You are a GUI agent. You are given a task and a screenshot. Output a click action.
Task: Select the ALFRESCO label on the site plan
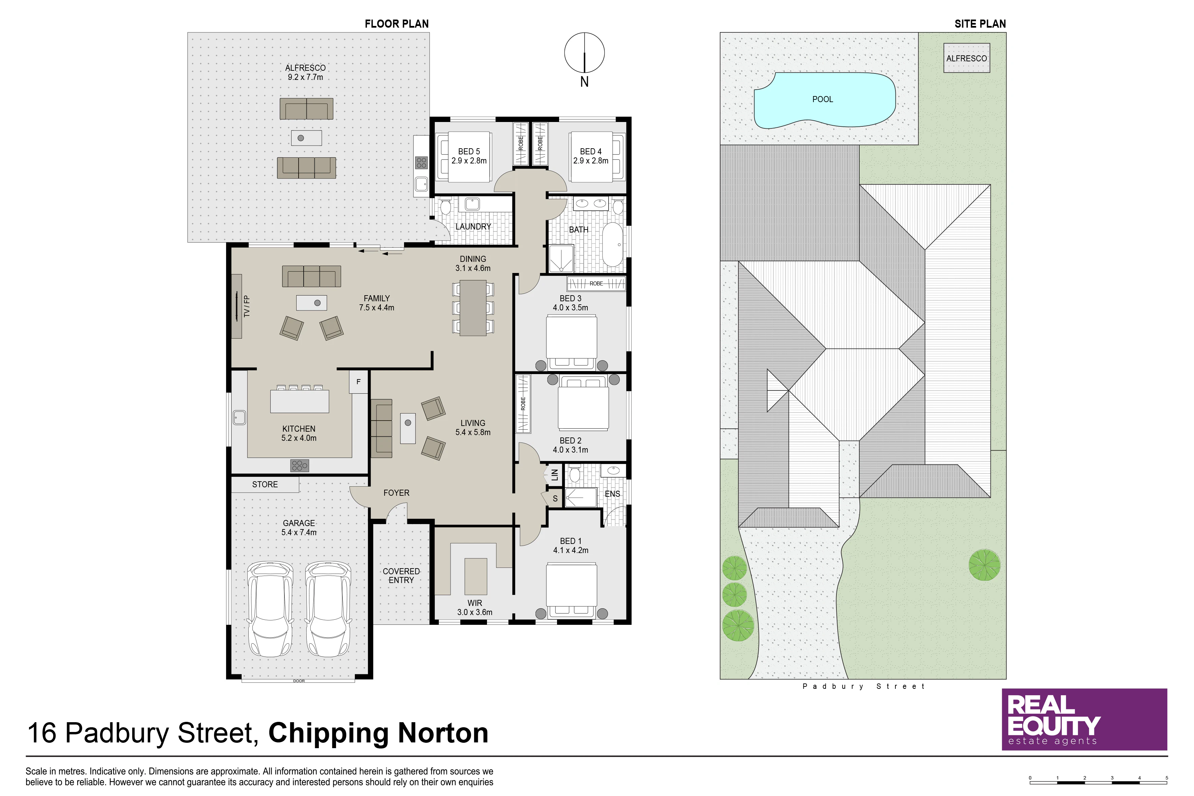[x=967, y=58]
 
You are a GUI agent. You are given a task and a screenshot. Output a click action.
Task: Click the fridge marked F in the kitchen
[x=359, y=382]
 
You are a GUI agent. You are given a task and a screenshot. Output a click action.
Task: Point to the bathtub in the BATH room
[x=613, y=244]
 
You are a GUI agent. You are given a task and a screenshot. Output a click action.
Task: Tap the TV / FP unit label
[x=247, y=306]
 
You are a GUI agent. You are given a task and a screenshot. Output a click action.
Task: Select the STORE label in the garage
[x=265, y=484]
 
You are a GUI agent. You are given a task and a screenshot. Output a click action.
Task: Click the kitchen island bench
[x=300, y=401]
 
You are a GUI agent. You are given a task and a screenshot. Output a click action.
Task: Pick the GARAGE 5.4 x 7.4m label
[x=299, y=527]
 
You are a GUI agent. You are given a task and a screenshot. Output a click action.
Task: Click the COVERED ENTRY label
[x=401, y=576]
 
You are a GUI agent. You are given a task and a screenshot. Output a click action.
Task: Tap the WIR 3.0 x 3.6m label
[x=474, y=608]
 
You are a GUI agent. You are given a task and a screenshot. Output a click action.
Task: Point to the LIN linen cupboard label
[x=554, y=474]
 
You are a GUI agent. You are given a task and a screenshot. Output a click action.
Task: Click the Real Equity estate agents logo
[x=1084, y=720]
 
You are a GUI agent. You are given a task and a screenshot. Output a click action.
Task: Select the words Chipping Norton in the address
[x=378, y=733]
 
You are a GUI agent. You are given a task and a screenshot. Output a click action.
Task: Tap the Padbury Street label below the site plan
[x=863, y=686]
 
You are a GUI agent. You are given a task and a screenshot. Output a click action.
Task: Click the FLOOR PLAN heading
[x=396, y=24]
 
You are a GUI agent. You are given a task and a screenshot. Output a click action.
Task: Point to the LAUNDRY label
[x=473, y=226]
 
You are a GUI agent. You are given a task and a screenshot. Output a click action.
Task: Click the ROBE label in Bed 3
[x=596, y=283]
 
